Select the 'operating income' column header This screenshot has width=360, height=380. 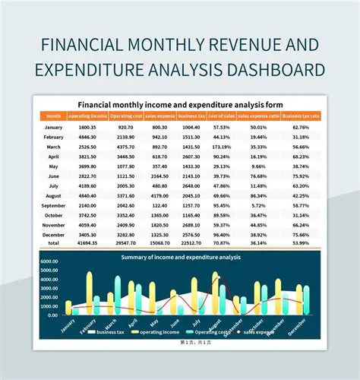click(x=87, y=116)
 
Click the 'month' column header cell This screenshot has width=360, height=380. click(x=53, y=116)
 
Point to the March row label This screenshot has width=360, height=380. click(x=53, y=146)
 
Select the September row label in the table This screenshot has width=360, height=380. click(x=53, y=205)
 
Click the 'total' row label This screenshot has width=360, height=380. click(x=53, y=244)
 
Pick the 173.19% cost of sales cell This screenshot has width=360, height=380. click(x=221, y=146)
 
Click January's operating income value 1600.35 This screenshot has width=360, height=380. click(x=87, y=127)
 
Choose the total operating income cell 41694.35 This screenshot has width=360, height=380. click(x=87, y=244)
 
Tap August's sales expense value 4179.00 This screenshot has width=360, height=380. click(x=159, y=195)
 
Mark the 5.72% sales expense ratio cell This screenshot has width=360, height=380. click(x=258, y=205)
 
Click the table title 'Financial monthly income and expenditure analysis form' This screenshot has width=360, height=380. click(x=180, y=104)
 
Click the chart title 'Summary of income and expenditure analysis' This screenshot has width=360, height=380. click(x=180, y=257)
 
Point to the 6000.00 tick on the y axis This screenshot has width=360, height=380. click(x=50, y=261)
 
